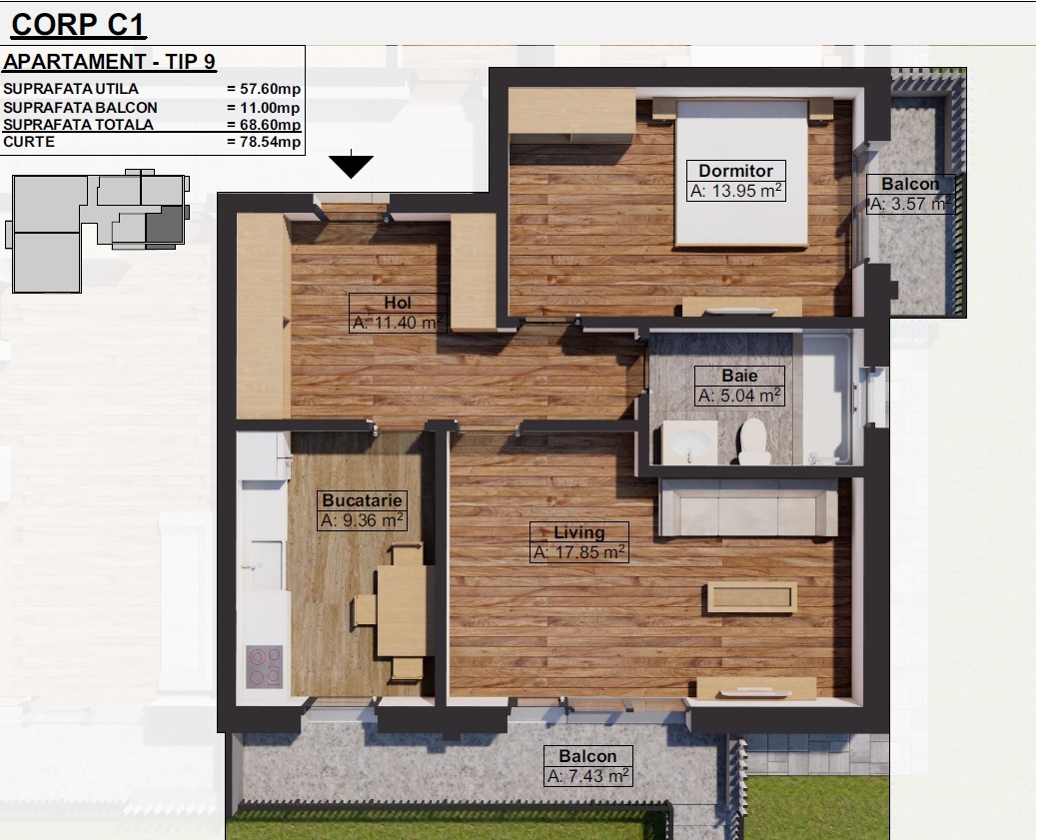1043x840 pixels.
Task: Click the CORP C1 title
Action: (79, 25)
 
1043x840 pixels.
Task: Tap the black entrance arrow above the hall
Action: (352, 166)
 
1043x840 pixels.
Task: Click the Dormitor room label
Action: (735, 171)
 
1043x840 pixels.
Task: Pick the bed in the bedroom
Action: (741, 172)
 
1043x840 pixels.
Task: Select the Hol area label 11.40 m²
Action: (398, 323)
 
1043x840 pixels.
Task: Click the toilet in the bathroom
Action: (753, 440)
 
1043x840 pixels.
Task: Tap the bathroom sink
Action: (689, 441)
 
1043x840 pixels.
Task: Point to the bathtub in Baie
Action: (827, 398)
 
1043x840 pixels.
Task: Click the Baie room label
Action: (739, 376)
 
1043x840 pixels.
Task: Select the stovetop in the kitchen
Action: (265, 666)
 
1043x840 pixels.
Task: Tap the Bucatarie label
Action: (362, 500)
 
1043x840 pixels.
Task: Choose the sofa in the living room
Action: (748, 506)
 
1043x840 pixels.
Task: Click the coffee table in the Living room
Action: (751, 597)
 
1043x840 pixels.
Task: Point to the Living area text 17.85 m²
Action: (579, 552)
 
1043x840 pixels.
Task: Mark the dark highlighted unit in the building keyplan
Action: (164, 224)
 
